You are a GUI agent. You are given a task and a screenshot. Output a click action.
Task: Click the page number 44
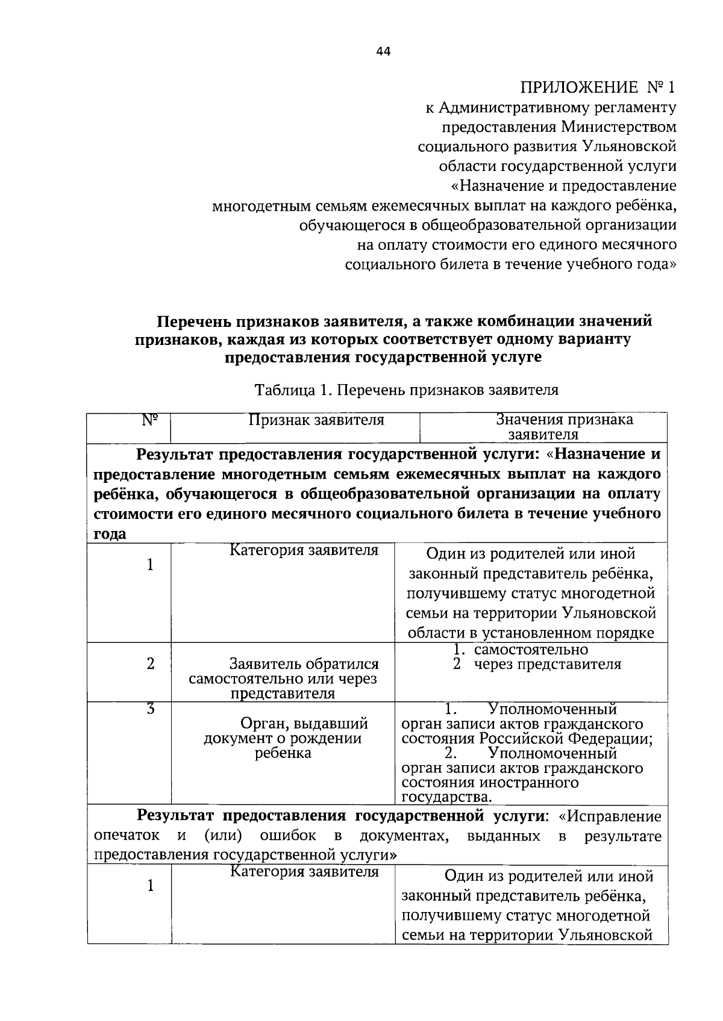click(383, 52)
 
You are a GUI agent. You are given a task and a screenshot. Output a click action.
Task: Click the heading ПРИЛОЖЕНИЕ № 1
click(598, 88)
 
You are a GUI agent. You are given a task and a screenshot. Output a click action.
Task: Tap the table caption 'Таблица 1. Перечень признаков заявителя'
click(407, 389)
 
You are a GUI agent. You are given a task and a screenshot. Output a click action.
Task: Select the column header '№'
click(150, 420)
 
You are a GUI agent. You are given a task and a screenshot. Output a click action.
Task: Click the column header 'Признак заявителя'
click(317, 420)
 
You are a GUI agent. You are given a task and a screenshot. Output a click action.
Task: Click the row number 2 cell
click(151, 663)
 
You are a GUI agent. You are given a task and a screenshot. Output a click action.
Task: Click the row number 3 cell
click(151, 709)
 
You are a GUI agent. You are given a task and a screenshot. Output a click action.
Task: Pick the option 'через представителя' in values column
click(546, 664)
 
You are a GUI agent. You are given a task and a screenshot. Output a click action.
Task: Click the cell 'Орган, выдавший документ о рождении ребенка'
click(283, 738)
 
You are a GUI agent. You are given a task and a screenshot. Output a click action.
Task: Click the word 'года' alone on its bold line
click(110, 534)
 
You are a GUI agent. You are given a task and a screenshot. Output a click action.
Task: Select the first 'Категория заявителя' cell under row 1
click(304, 550)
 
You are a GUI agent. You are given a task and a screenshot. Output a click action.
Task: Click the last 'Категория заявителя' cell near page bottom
click(304, 871)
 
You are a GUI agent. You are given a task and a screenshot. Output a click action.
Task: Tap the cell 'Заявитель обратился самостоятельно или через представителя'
click(283, 678)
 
